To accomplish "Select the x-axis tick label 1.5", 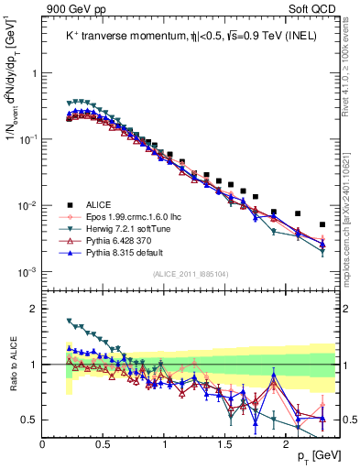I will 225,442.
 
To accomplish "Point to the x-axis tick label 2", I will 286,442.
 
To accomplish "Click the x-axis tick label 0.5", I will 104,442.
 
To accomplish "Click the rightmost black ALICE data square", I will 322,224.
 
